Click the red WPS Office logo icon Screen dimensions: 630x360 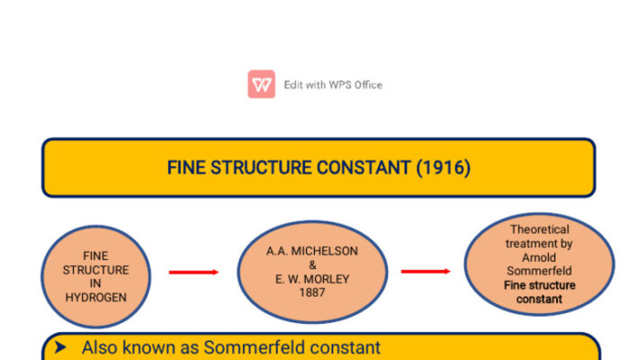(261, 84)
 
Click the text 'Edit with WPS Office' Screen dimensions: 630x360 (333, 85)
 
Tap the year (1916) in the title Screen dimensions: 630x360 (443, 167)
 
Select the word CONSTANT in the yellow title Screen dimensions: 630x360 (364, 167)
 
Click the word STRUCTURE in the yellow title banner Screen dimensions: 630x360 (261, 167)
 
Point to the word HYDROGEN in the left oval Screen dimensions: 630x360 (96, 297)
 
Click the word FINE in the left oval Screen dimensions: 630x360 (95, 256)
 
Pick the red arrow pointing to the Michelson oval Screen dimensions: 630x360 (193, 272)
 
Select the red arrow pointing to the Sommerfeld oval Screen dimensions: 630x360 (426, 271)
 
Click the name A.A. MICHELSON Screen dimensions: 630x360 (311, 251)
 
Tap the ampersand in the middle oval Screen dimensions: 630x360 (312, 265)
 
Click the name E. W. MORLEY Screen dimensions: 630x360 (312, 279)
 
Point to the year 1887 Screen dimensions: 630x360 (312, 292)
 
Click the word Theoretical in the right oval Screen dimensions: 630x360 (540, 229)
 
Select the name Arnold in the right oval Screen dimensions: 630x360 (539, 257)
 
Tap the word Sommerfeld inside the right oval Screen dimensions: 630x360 (539, 271)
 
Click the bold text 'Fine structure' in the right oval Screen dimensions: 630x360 (540, 285)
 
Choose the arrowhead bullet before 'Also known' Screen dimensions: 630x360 (60, 347)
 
